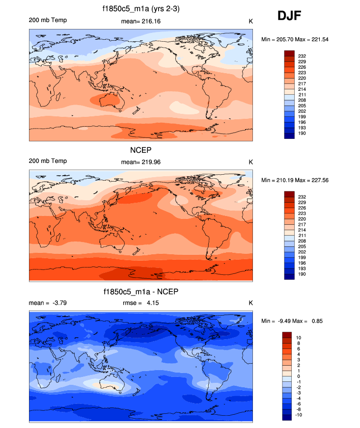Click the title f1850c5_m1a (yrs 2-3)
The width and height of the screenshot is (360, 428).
pyautogui.click(x=141, y=9)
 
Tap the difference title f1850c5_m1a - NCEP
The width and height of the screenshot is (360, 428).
pyautogui.click(x=141, y=292)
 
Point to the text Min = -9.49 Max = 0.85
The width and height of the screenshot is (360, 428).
pyautogui.click(x=293, y=321)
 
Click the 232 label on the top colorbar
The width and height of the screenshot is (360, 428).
pyautogui.click(x=302, y=56)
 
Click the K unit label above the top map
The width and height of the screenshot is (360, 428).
pyautogui.click(x=250, y=21)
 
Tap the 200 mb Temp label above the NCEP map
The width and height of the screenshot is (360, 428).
pyautogui.click(x=48, y=161)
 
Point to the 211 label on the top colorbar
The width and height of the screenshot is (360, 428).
pyautogui.click(x=302, y=95)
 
